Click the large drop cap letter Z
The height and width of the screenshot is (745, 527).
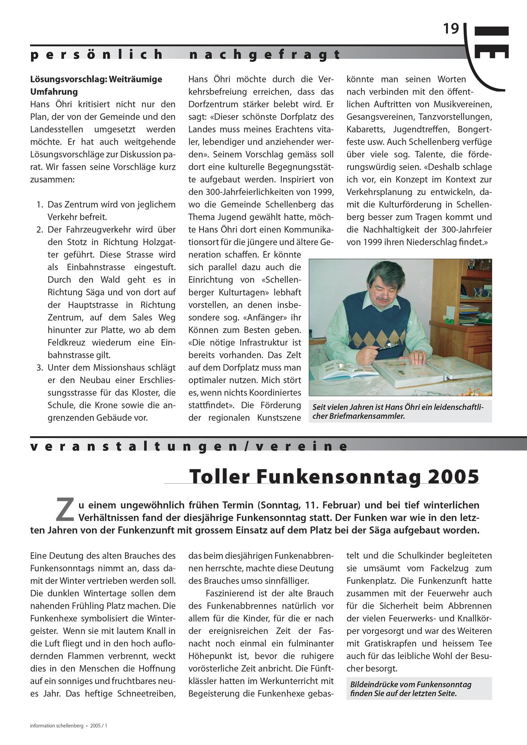pyautogui.click(x=65, y=510)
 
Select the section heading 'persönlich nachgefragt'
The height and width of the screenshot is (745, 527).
pyautogui.click(x=185, y=55)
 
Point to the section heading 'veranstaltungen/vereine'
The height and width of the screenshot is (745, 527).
pyautogui.click(x=189, y=446)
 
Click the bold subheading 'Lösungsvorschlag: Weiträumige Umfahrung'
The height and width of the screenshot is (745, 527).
pyautogui.click(x=96, y=85)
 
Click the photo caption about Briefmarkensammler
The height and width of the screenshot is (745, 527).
pyautogui.click(x=400, y=412)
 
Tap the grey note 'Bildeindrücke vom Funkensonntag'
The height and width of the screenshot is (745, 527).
pyautogui.click(x=411, y=689)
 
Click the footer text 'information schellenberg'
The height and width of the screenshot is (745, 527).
pyautogui.click(x=57, y=726)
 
